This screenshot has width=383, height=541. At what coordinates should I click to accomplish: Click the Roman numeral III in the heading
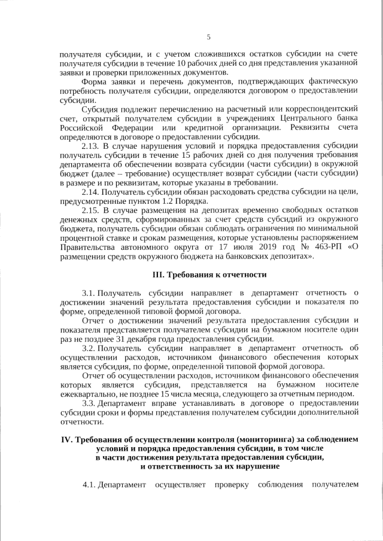[x=159, y=275]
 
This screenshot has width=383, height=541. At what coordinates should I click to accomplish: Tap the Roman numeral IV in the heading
[x=68, y=439]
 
